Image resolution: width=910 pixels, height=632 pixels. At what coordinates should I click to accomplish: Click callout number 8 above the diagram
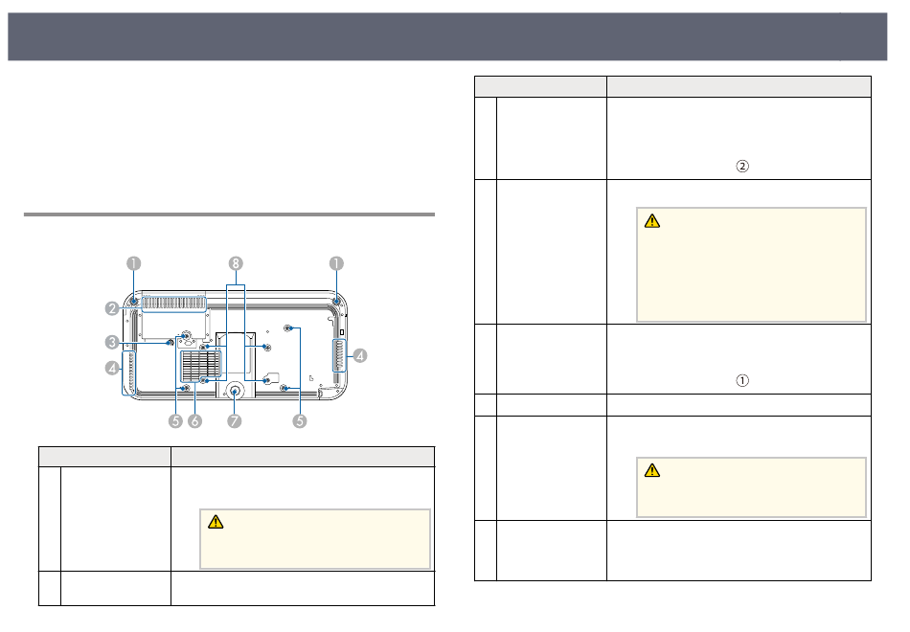pos(235,263)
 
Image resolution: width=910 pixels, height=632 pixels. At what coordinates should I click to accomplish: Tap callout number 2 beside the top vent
pos(113,308)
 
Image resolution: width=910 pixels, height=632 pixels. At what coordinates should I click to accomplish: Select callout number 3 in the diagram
pos(113,343)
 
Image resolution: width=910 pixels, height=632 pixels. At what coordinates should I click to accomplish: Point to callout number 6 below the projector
pos(195,420)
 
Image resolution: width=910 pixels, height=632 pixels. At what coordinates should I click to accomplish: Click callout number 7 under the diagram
pos(235,420)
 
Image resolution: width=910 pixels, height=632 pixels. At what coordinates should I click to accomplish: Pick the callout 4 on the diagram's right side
pos(360,355)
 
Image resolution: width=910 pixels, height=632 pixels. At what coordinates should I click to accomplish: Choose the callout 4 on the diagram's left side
pos(113,368)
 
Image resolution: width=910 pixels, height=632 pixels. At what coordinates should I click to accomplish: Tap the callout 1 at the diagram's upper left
pos(134,263)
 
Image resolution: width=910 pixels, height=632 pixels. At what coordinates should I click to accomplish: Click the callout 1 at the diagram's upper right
pos(336,263)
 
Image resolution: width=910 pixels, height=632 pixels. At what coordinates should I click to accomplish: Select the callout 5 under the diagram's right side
pos(300,420)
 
